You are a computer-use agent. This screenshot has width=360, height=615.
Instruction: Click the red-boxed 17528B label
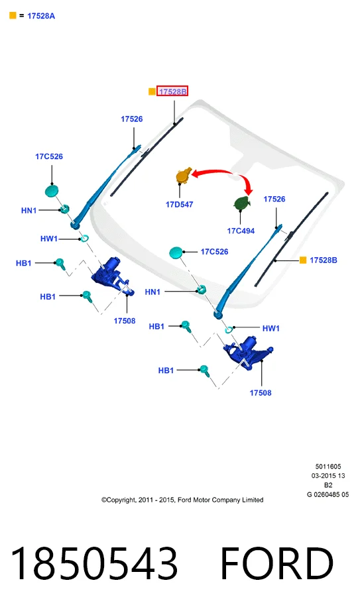(172, 91)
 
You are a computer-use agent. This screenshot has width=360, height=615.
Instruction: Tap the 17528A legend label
(41, 16)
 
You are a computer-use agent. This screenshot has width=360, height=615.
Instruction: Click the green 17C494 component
(242, 203)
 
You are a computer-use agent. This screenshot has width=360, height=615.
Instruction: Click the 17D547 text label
(180, 204)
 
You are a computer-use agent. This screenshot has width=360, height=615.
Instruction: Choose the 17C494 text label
(241, 231)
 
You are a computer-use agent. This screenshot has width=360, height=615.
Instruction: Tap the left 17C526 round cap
(52, 191)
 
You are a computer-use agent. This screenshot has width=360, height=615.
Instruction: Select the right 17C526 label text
(214, 251)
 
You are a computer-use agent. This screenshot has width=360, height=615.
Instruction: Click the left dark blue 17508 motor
(112, 275)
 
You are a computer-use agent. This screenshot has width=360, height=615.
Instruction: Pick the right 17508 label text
(261, 392)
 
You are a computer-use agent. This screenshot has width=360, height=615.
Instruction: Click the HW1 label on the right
(271, 328)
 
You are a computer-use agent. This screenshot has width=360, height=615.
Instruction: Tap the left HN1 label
(29, 211)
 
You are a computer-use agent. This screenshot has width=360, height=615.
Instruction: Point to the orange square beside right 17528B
(303, 260)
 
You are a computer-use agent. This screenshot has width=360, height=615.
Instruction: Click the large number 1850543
(94, 563)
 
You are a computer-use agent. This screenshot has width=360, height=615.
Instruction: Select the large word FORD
(276, 563)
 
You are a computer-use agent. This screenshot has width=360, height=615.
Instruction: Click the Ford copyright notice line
(182, 500)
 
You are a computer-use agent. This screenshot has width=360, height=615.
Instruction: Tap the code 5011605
(328, 467)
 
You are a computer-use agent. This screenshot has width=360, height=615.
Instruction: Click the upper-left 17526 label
(131, 119)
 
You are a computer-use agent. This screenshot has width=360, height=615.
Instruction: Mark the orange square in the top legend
(13, 16)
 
